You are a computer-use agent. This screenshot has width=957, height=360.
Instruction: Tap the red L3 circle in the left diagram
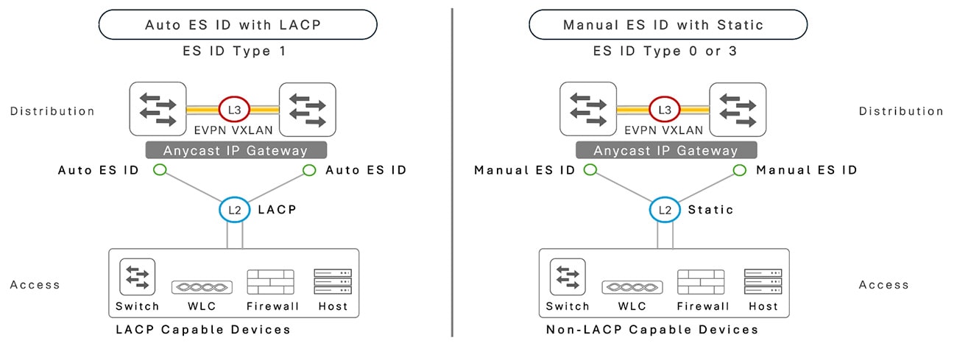coord(234,109)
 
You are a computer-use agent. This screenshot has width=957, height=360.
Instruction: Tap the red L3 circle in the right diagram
coord(664,109)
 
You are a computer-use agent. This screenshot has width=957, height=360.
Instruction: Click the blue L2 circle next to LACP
coord(234,210)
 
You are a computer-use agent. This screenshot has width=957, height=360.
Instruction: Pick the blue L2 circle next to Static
coord(664,210)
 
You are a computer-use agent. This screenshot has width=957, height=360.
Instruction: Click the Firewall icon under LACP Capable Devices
coord(270,282)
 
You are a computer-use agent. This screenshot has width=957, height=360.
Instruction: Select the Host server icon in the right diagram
coord(763,282)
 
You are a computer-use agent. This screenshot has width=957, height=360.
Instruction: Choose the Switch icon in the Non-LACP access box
coord(567,277)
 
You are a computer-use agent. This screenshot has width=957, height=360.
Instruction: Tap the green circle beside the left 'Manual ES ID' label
coord(590,170)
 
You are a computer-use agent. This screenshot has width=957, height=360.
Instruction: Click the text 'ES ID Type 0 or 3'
coord(665,52)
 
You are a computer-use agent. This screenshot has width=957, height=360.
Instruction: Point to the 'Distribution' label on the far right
coord(900,111)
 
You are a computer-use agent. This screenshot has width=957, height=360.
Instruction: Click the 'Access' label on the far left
coord(35,285)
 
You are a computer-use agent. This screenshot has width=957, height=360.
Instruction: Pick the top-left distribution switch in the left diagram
coord(158,109)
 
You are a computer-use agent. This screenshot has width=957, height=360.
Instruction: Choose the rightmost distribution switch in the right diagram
coord(737,109)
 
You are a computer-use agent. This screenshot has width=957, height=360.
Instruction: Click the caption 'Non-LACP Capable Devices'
coord(652,330)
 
